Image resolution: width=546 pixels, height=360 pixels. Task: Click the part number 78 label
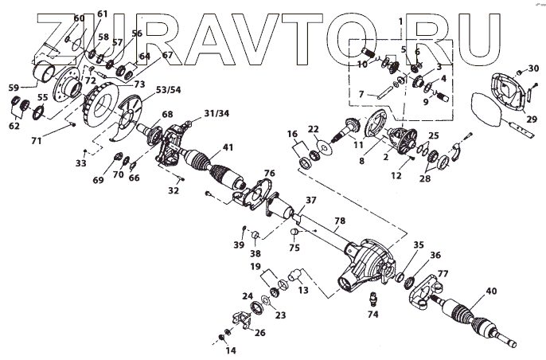341,220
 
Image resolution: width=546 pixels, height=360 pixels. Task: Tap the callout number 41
228,147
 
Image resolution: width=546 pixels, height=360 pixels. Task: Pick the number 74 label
373,314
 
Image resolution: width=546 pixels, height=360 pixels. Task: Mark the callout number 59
13,88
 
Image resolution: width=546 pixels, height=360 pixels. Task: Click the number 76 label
270,173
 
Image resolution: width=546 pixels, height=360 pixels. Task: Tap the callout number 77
443,273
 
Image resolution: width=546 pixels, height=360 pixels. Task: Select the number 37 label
311,200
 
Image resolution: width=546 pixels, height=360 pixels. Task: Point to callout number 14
232,350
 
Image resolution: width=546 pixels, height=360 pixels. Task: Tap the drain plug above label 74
372,299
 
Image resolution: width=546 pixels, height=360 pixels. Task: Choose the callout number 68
167,115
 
